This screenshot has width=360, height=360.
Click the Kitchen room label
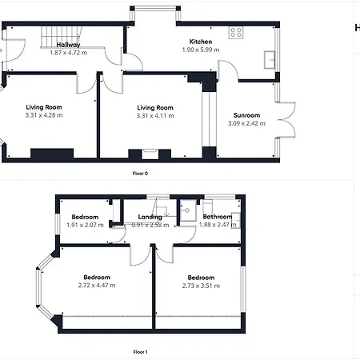point(201,42)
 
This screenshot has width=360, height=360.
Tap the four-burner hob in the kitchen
point(236,33)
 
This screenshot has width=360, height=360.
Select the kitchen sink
point(270,60)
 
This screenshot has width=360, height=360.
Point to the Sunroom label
point(246,115)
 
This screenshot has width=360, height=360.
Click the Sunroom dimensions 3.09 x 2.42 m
point(246,123)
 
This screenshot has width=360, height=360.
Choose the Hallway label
point(68,45)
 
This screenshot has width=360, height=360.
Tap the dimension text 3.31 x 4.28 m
point(44,115)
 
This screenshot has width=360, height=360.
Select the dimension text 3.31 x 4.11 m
point(155,116)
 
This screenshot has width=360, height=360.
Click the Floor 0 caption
point(140,174)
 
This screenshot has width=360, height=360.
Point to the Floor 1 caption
point(140,352)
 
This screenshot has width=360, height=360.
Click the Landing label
point(150,217)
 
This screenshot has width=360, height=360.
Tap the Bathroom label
point(218,217)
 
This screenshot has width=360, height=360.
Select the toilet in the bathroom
point(208,206)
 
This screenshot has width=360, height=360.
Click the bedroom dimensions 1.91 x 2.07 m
point(85,225)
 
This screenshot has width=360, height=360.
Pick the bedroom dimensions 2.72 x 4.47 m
point(97,286)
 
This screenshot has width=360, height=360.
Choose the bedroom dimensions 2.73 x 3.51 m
point(201,286)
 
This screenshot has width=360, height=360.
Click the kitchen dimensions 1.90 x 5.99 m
point(201,50)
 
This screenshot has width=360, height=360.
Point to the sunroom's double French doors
point(286,120)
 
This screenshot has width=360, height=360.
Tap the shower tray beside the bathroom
point(188,210)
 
